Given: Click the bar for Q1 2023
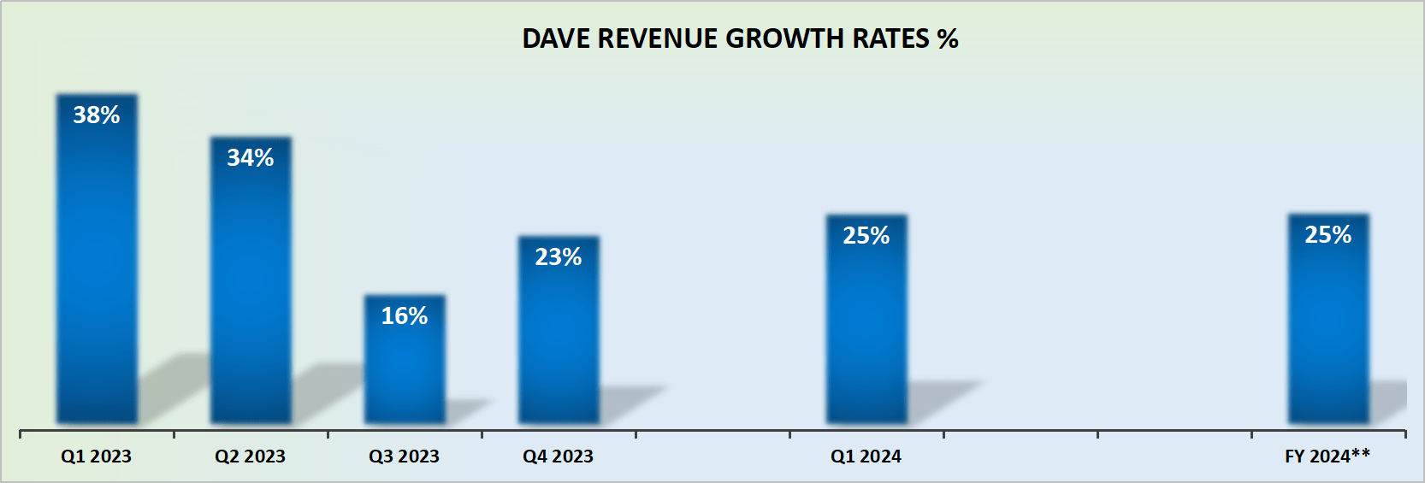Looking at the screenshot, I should [x=97, y=274].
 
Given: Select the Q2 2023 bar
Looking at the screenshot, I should [x=251, y=291].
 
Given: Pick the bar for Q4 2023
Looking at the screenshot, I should [x=559, y=342].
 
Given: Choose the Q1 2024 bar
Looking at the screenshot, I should [x=866, y=333].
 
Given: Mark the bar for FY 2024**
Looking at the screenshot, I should [x=1328, y=333].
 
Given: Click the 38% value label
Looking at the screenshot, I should [x=97, y=115].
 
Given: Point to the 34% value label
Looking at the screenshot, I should [x=251, y=158].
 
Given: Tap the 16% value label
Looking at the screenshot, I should [x=405, y=316].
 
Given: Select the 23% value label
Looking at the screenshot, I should [x=559, y=257].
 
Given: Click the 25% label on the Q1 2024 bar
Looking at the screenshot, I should [x=866, y=236].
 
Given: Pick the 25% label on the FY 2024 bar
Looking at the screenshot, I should [x=1328, y=235].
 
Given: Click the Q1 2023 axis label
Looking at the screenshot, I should [x=97, y=456].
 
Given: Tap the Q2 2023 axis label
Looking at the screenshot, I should [x=251, y=456].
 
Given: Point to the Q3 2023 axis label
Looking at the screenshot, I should [x=405, y=456].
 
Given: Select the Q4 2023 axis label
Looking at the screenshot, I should [x=559, y=456].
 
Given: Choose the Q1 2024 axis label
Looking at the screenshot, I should [x=866, y=456].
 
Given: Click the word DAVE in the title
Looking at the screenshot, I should [x=556, y=39].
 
